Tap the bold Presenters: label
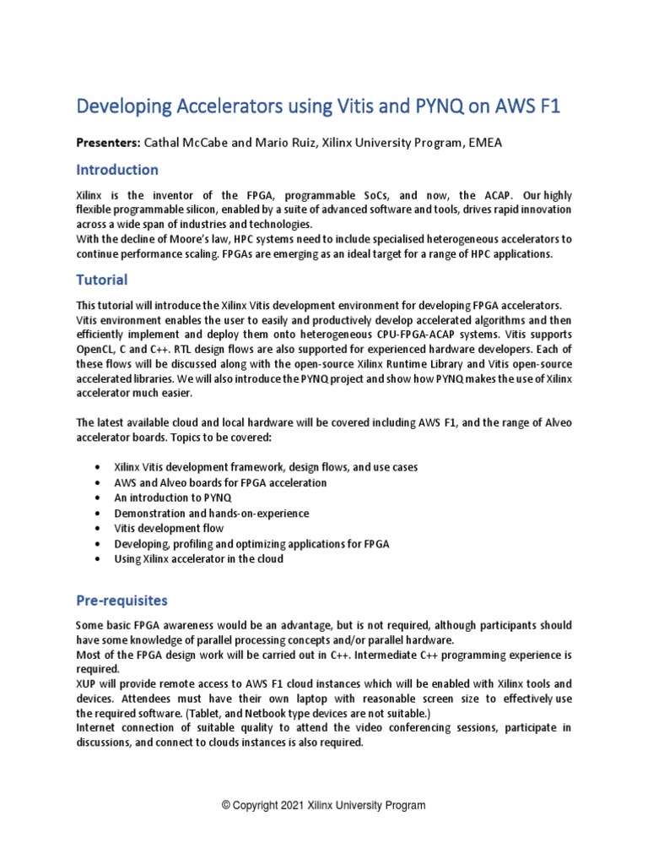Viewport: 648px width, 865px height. [x=109, y=143]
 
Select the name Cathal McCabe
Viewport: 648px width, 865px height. [x=187, y=143]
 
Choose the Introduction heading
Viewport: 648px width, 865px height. [x=117, y=171]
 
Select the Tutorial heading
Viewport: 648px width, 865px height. [x=102, y=280]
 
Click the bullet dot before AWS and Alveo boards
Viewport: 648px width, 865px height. [x=100, y=483]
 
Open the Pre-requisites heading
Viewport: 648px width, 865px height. [x=121, y=601]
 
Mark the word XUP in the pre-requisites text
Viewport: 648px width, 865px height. [x=87, y=683]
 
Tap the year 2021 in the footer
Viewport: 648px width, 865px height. [x=292, y=806]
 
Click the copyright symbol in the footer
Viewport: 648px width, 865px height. [x=225, y=806]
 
